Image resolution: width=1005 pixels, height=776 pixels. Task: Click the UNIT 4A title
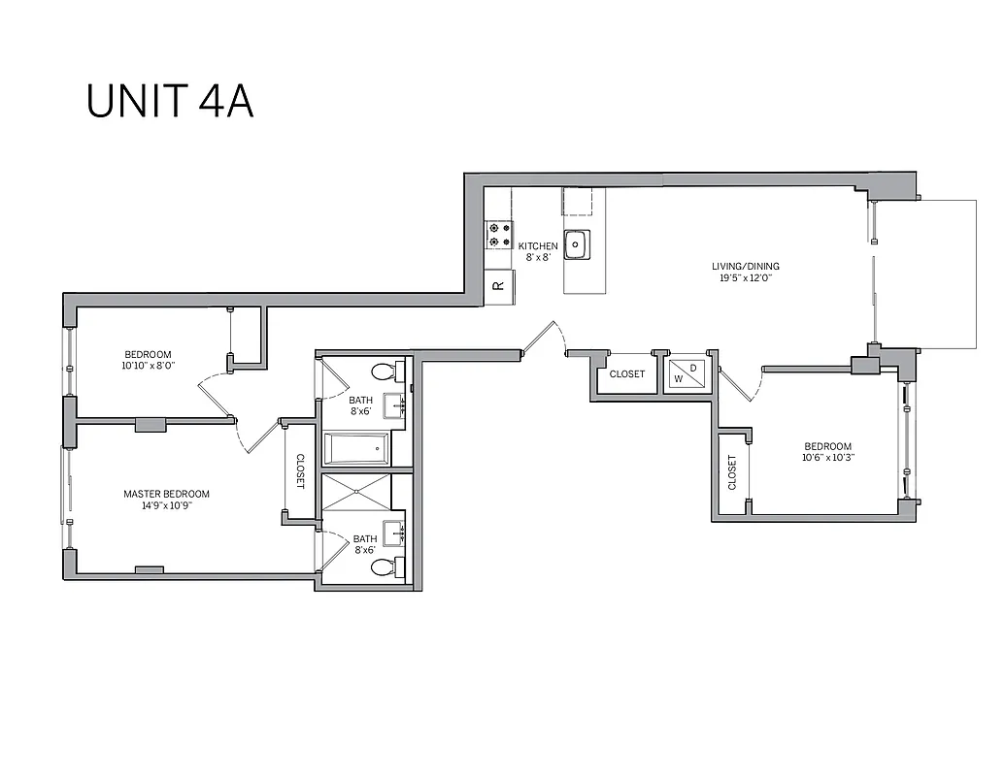[170, 102]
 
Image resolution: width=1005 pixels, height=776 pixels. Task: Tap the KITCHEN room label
[537, 246]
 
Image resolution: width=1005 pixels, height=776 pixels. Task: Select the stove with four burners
[500, 235]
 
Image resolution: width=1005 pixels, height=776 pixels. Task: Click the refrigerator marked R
[499, 285]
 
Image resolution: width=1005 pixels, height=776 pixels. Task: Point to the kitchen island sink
[577, 244]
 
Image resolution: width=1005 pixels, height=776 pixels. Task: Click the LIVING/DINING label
[746, 266]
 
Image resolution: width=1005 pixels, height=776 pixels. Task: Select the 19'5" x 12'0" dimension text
[746, 277]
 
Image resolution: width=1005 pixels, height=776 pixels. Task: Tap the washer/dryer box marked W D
[686, 373]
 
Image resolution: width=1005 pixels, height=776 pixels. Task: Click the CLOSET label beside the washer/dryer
[627, 373]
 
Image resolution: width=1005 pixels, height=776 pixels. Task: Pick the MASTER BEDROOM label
[166, 494]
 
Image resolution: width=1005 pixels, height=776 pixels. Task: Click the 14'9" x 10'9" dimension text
[166, 505]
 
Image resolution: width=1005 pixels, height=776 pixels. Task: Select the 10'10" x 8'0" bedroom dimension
[148, 366]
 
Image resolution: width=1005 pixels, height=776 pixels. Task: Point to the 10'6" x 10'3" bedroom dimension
[827, 458]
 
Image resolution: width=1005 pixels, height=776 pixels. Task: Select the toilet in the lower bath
[386, 568]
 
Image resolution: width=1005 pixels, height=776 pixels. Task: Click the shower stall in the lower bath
[355, 492]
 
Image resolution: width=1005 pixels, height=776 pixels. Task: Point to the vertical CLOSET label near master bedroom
[300, 471]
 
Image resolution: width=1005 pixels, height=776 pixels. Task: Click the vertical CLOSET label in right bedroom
[732, 472]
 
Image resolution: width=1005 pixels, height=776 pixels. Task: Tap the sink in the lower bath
[394, 533]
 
